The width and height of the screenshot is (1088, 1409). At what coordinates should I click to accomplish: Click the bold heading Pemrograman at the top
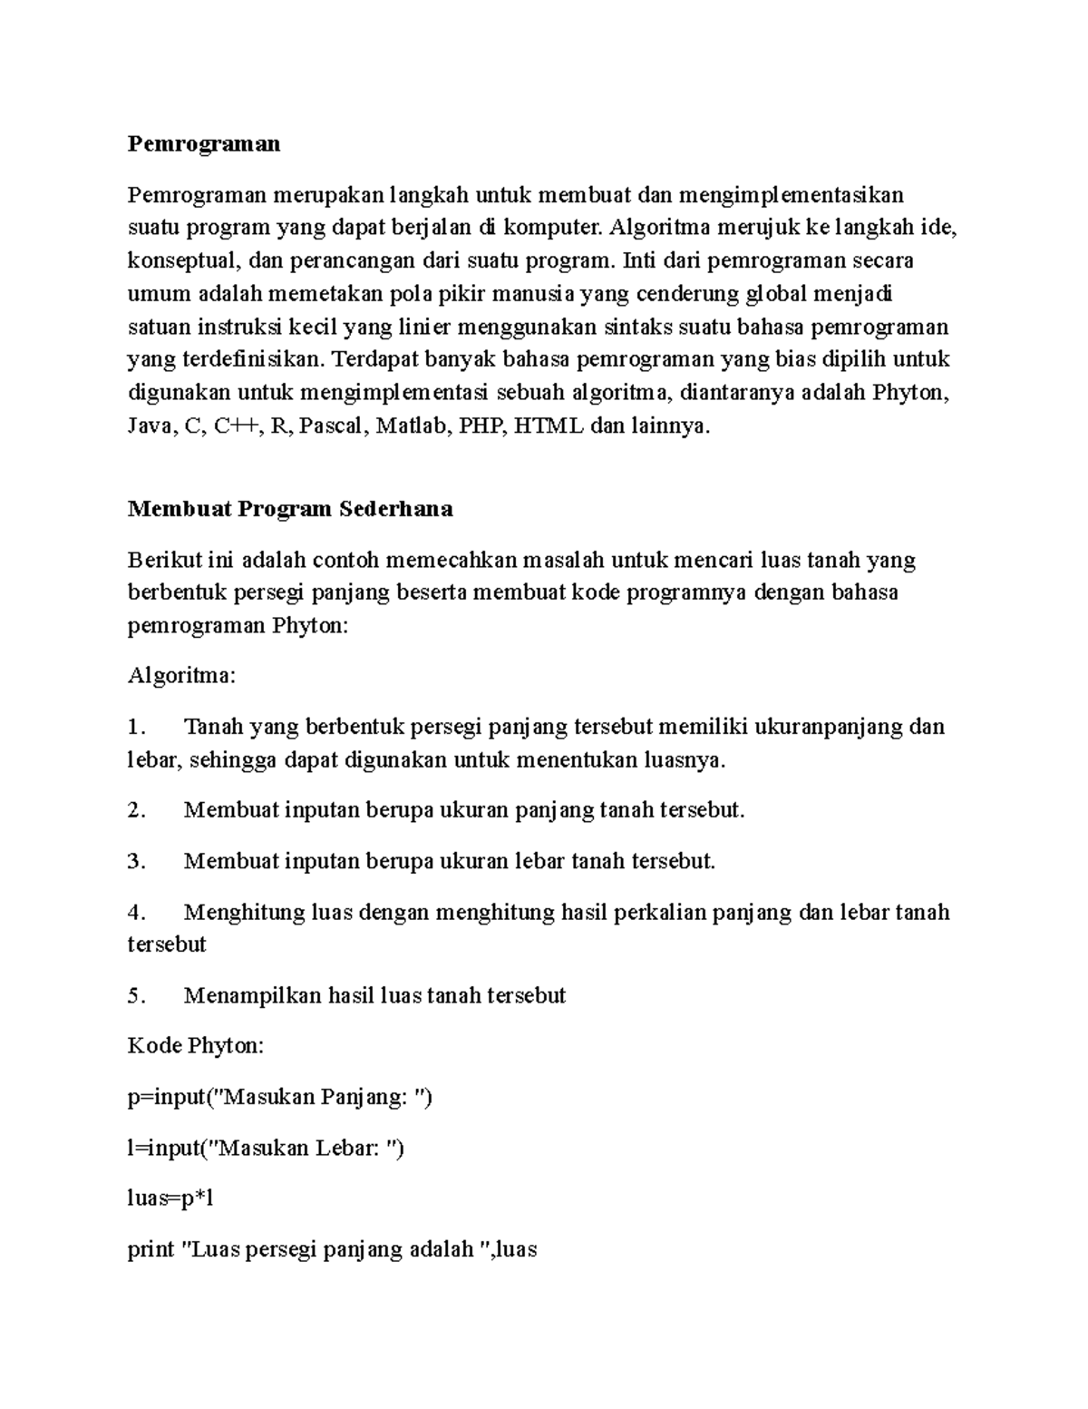[x=204, y=144]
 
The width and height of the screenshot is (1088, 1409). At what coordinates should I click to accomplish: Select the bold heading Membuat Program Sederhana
[x=290, y=509]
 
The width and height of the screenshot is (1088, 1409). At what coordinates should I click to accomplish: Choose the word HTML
[x=549, y=426]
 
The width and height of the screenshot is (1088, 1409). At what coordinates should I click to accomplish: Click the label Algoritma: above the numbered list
[x=181, y=676]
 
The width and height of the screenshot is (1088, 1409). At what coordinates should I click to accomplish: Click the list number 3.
[x=136, y=861]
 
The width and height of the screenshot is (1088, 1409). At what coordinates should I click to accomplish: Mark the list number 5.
[x=136, y=995]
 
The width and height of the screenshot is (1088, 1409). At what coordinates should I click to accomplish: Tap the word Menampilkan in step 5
[x=252, y=995]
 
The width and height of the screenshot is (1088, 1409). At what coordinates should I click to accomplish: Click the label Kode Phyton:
[x=196, y=1046]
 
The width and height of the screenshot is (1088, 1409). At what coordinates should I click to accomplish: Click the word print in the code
[x=151, y=1250]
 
